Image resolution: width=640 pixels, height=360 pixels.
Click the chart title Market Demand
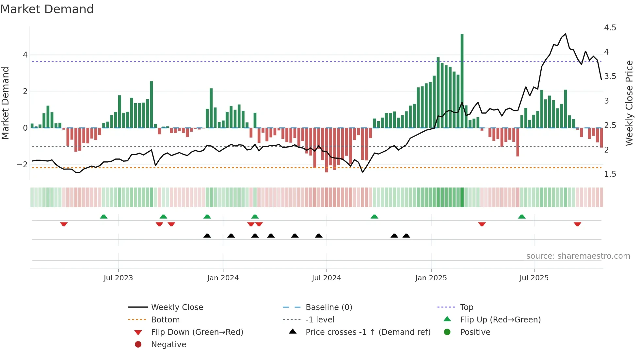(x=47, y=9)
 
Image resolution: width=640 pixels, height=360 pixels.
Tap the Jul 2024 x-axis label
(x=326, y=278)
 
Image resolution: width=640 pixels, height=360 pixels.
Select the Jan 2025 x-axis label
(x=431, y=278)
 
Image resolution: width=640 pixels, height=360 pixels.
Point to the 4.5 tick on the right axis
(x=610, y=28)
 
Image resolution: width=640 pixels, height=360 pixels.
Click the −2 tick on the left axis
(x=23, y=165)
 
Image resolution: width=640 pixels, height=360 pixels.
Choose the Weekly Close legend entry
(x=177, y=307)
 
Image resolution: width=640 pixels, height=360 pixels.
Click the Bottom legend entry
(x=165, y=320)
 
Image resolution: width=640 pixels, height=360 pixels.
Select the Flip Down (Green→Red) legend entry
(x=197, y=332)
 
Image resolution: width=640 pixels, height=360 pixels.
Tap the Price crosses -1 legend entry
(x=368, y=332)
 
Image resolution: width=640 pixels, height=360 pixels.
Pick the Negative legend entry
(x=168, y=345)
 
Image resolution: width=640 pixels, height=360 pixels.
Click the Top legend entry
(x=466, y=307)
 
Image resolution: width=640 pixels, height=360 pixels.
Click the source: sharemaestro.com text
(x=578, y=256)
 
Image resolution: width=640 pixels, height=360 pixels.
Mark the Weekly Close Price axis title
(x=629, y=103)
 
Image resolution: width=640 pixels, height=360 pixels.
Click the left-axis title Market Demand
(x=5, y=103)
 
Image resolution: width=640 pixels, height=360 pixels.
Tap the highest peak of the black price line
(x=565, y=34)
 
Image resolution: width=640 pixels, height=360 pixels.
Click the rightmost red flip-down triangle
(x=577, y=224)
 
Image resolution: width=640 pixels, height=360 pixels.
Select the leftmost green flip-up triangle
(x=104, y=217)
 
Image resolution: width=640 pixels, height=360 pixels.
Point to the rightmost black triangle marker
(x=406, y=236)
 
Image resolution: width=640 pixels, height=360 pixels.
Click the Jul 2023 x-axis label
(x=118, y=278)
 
